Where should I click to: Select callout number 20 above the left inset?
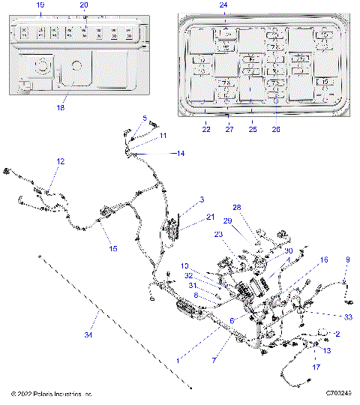pos(84,5)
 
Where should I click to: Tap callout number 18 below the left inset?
pos(61,108)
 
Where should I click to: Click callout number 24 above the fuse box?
pos(223,5)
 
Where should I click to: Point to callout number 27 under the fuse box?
pos(229,129)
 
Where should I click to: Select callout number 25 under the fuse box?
pos(253,129)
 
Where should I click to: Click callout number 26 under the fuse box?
pos(275,129)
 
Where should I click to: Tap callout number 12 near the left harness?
pos(61,161)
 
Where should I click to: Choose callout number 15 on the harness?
pos(113,248)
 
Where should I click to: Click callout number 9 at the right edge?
pos(347,259)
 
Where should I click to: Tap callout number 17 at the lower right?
pos(316,367)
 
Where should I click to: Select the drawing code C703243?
pos(340,393)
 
